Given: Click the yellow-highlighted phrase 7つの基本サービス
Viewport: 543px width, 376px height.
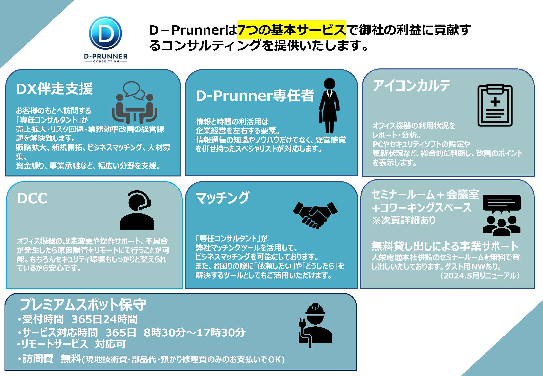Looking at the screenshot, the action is coord(291,30).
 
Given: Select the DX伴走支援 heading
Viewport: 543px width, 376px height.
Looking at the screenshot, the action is coord(54,89).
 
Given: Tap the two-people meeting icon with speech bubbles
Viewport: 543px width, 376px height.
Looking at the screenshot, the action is coord(135,102).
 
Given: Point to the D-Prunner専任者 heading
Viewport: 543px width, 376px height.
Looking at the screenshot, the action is coord(255,96).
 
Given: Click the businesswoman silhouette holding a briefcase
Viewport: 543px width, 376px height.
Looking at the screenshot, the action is coord(329,105).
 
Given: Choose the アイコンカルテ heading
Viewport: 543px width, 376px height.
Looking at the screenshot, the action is coord(411,86).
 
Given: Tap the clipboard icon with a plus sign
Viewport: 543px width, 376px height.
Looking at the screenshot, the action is coord(495,105).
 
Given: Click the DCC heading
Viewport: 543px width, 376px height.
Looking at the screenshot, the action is coord(32,199).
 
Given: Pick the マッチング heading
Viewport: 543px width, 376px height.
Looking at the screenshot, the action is coord(223,198).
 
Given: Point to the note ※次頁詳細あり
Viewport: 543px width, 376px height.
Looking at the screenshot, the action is coord(404,220).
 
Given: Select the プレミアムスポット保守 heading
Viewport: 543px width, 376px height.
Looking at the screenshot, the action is coord(83,305).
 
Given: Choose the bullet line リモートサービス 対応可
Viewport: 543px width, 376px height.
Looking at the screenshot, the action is coord(71,344).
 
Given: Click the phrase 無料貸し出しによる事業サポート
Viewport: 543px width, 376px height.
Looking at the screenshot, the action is coord(445,246).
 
